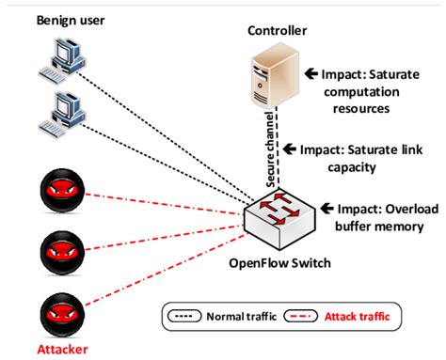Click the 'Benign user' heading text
pyautogui.click(x=72, y=19)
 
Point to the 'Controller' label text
pyautogui.click(x=275, y=31)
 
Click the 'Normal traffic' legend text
pyautogui.click(x=246, y=315)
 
